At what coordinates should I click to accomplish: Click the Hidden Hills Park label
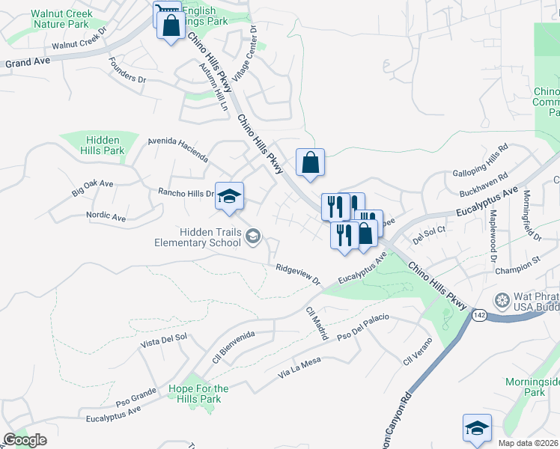point(104,145)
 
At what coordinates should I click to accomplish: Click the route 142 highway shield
point(480,316)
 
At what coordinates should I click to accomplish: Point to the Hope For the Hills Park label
point(198,394)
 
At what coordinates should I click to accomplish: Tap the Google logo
point(25,440)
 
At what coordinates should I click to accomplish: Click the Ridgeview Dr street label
point(297,275)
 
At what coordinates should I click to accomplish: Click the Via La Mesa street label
point(299,367)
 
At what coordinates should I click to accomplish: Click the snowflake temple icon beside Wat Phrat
point(502,301)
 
